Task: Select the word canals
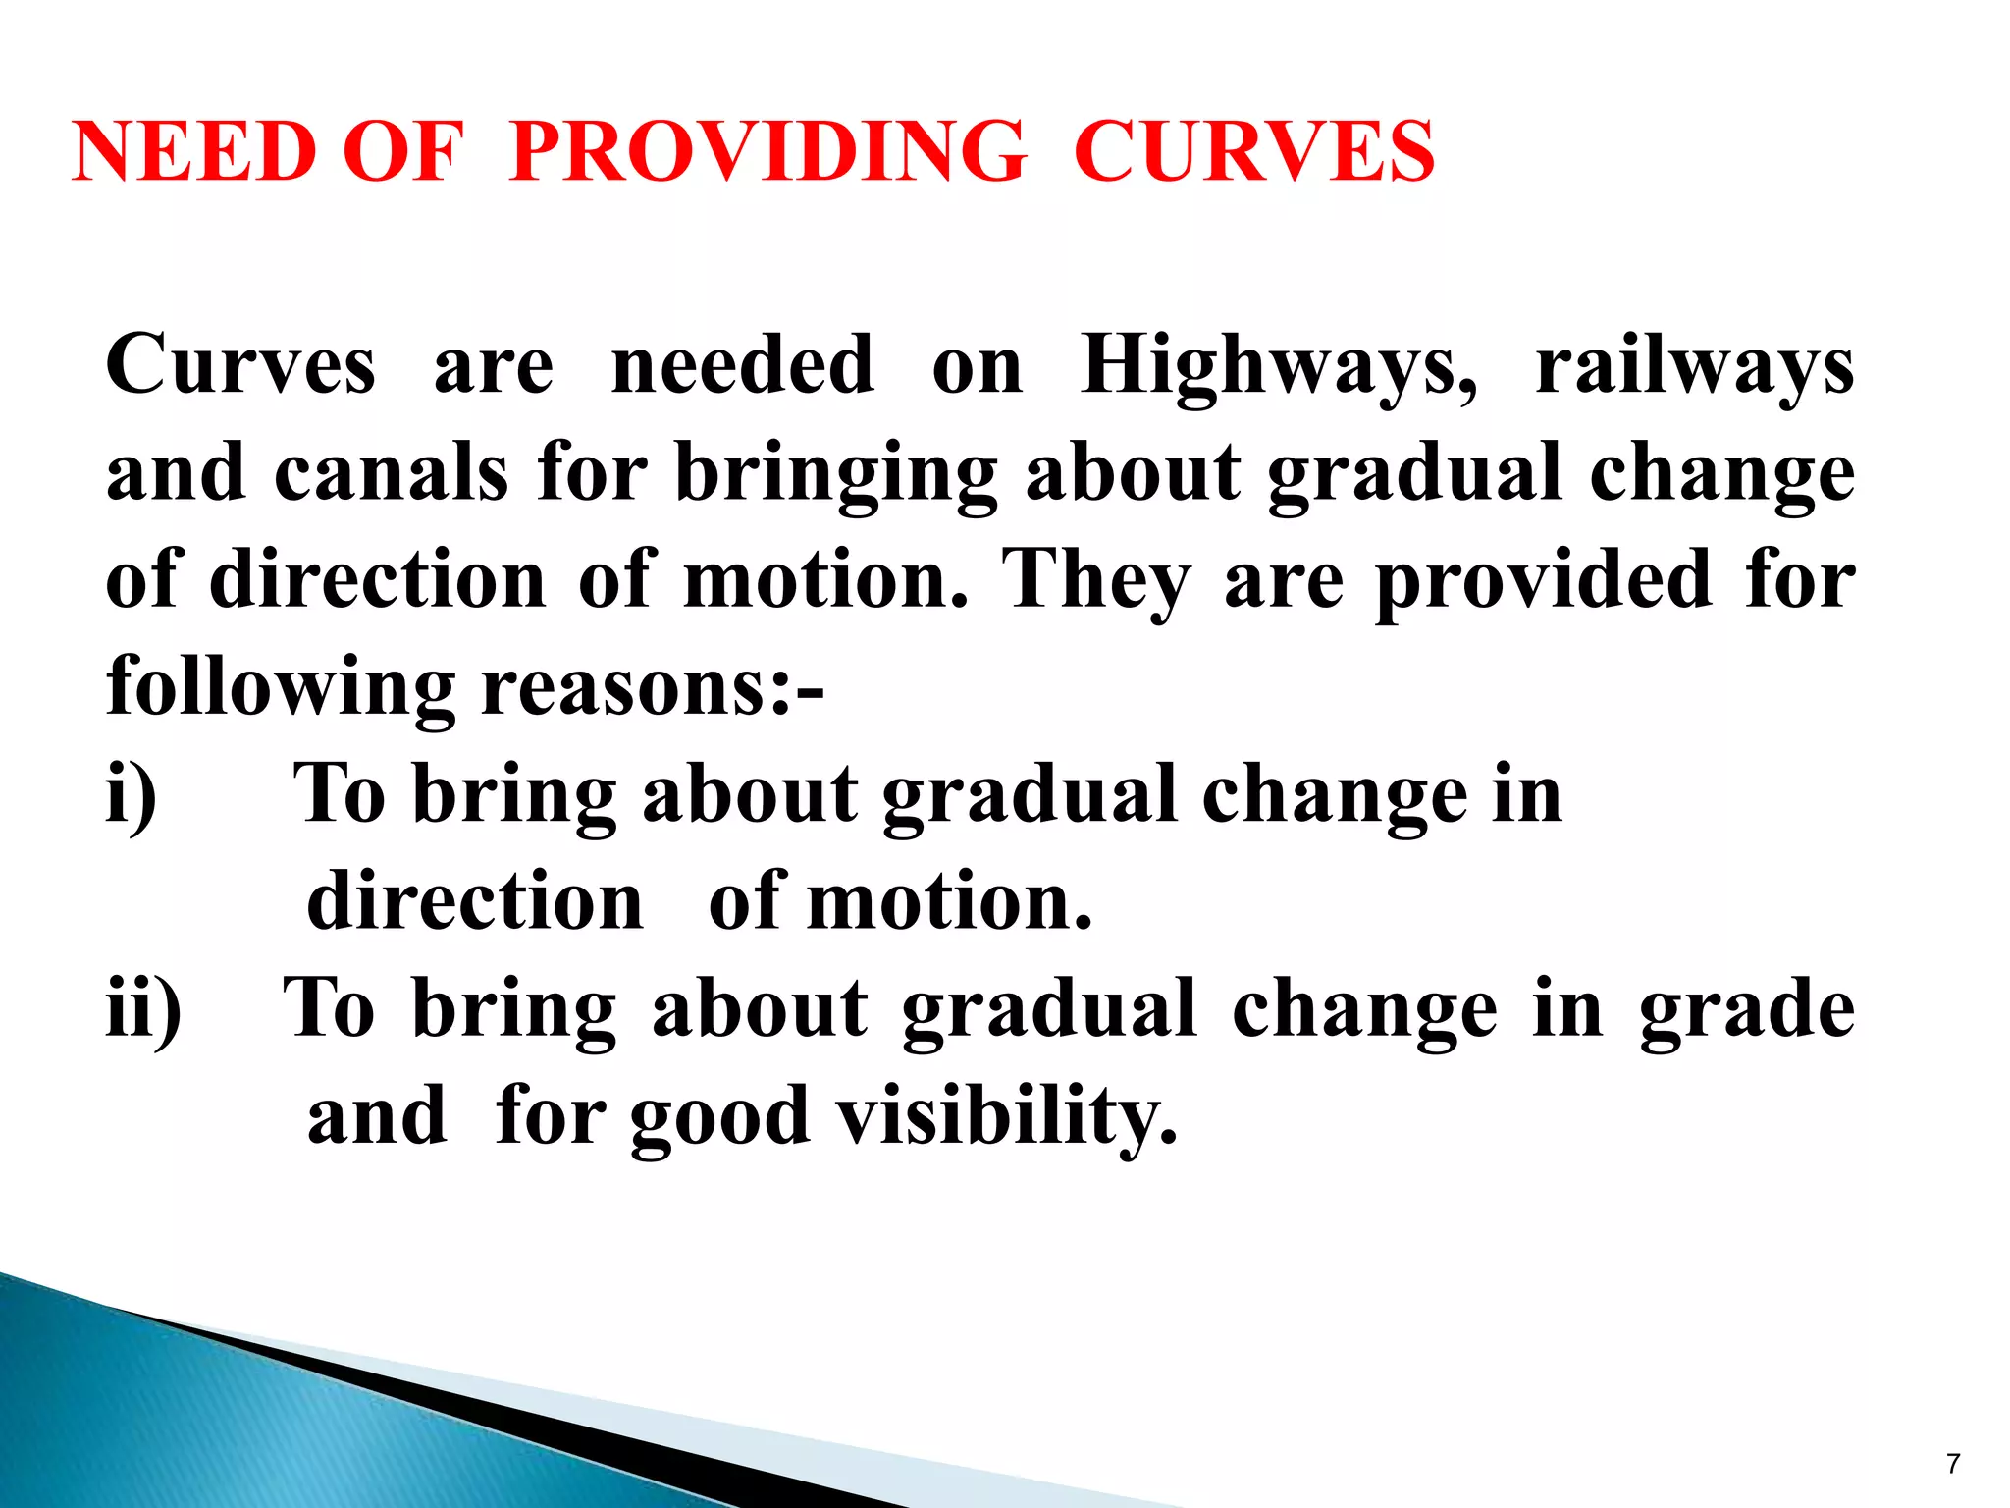tap(391, 473)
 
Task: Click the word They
tap(1096, 581)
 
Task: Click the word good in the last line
tap(719, 1119)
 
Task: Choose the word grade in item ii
tap(1747, 1011)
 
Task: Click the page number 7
tap(1953, 1464)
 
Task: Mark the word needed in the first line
tap(742, 365)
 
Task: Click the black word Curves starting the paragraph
tap(240, 365)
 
